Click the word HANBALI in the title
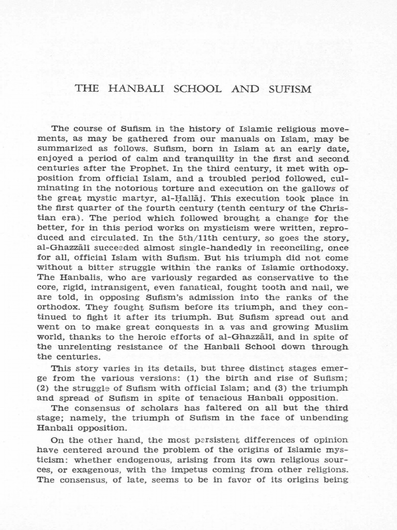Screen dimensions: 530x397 pyautogui.click(x=135, y=89)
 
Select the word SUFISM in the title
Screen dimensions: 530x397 pyautogui.click(x=291, y=89)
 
